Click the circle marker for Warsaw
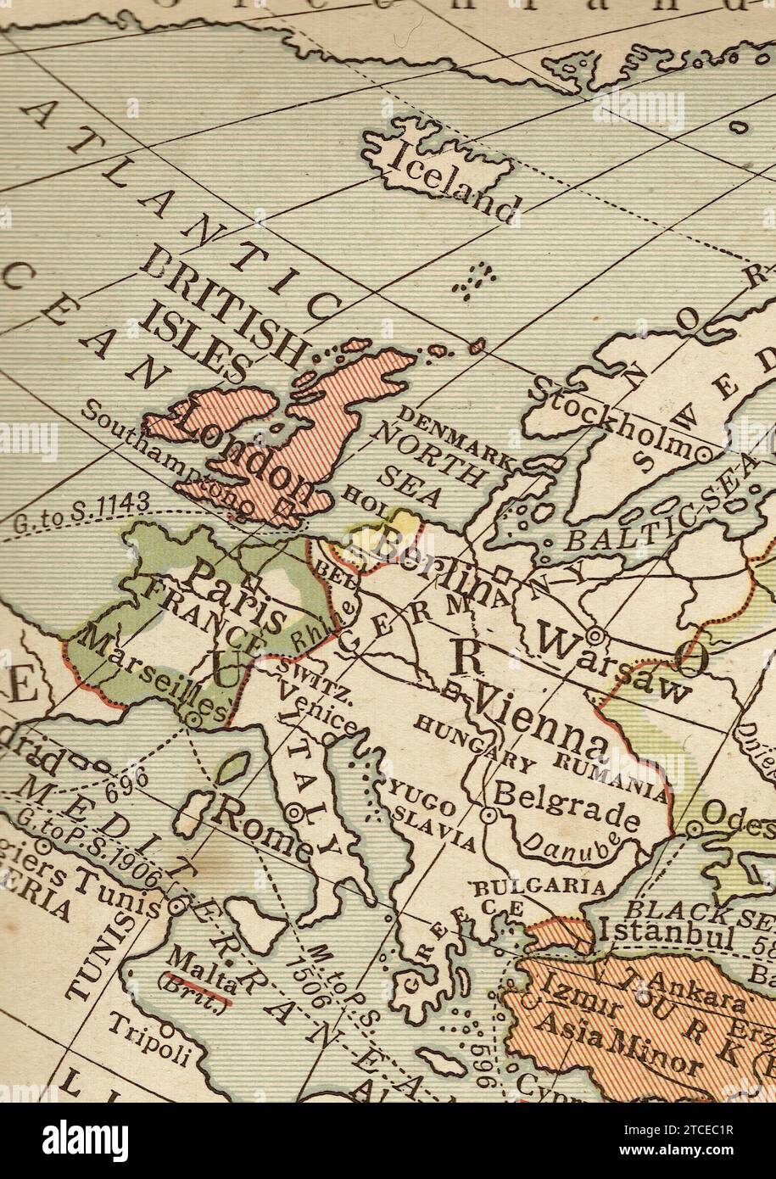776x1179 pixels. (595, 634)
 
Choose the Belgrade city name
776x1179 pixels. (566, 807)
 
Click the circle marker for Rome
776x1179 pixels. (295, 812)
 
